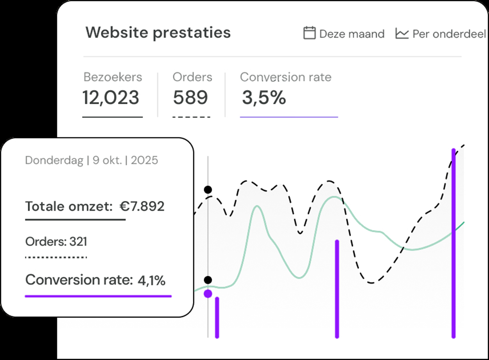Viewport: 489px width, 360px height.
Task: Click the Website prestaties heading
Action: (x=158, y=33)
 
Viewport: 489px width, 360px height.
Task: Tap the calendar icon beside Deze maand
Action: (x=310, y=33)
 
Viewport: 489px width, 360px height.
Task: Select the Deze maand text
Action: (x=352, y=34)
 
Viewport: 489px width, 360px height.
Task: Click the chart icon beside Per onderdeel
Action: (x=402, y=33)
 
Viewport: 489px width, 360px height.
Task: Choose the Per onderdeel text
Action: (x=449, y=34)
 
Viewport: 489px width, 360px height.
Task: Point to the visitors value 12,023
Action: (x=111, y=97)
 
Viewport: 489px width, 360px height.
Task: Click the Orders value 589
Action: (x=191, y=97)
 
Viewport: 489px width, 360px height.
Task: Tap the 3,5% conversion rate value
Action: (x=264, y=97)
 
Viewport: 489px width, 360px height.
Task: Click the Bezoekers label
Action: (x=113, y=77)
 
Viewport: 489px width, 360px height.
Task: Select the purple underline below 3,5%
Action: (x=289, y=117)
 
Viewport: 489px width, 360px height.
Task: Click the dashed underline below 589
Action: (x=191, y=117)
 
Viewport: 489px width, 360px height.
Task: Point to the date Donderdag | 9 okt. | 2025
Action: (x=91, y=160)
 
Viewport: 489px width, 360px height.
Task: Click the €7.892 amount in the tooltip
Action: (x=142, y=206)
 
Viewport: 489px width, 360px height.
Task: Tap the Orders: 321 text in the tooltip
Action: (x=56, y=242)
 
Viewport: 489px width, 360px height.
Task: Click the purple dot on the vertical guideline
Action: (x=208, y=293)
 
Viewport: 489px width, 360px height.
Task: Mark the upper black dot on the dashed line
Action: (x=208, y=189)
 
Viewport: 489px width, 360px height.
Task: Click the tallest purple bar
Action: (x=453, y=242)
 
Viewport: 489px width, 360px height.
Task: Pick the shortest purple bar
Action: (x=217, y=317)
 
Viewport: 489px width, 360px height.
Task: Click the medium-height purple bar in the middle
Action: (x=337, y=288)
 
